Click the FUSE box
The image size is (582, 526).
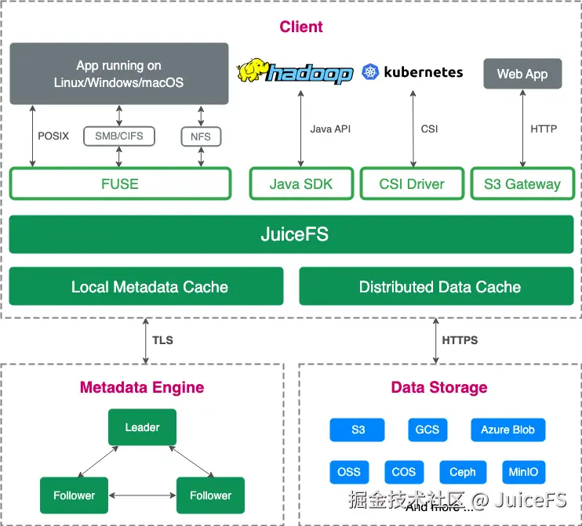(120, 184)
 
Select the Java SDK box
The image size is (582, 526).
(301, 184)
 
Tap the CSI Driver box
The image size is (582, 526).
(413, 184)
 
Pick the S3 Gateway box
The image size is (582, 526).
(522, 184)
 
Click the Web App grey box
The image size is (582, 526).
(522, 74)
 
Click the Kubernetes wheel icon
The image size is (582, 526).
(370, 73)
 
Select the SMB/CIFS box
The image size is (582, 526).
(119, 136)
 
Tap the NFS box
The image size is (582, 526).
(201, 136)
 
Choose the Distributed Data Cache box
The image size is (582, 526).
(439, 287)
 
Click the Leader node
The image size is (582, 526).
(142, 428)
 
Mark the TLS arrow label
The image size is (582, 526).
(162, 340)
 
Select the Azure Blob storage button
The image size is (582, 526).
(507, 430)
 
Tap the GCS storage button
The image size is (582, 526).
(427, 430)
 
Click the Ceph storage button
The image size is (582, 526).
(463, 472)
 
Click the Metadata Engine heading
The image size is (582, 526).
(142, 387)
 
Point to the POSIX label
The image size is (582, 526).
(53, 136)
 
